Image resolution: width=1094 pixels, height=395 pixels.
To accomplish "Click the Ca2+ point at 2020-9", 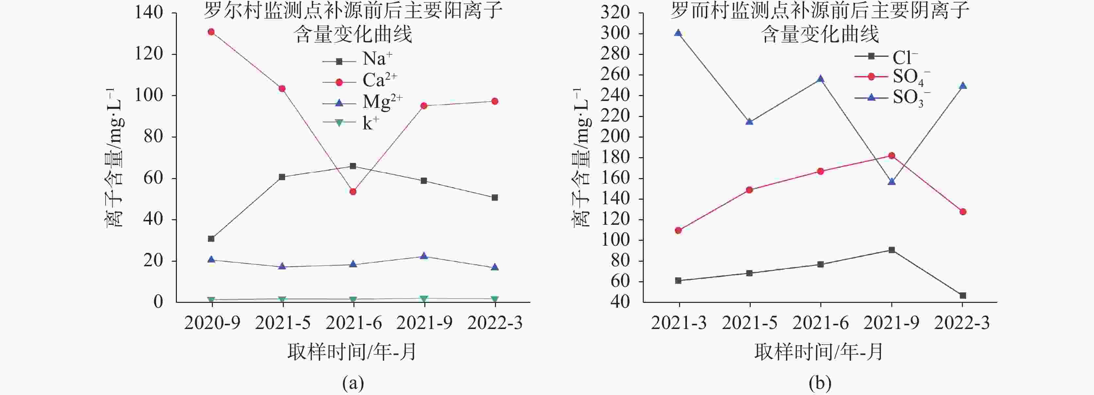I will pos(211,32).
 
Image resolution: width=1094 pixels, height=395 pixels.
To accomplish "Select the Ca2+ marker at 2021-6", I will pos(353,192).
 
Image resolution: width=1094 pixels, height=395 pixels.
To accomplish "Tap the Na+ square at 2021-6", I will pos(353,166).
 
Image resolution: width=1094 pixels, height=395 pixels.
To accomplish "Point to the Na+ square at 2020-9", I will pos(211,239).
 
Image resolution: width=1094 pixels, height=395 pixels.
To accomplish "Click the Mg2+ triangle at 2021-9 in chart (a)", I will pos(424,256).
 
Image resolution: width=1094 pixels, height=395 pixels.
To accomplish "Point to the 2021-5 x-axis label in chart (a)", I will pos(282,323).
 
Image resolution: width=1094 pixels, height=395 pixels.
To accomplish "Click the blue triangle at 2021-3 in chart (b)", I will pos(678,33).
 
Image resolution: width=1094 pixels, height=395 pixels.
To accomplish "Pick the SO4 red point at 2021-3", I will pos(678,230).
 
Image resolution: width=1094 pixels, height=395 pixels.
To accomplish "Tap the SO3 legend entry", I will pos(892,98).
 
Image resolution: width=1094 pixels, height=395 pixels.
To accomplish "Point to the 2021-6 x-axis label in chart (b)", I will pos(821,323).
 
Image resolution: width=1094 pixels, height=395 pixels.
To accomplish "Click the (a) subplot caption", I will pos(353,383).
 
